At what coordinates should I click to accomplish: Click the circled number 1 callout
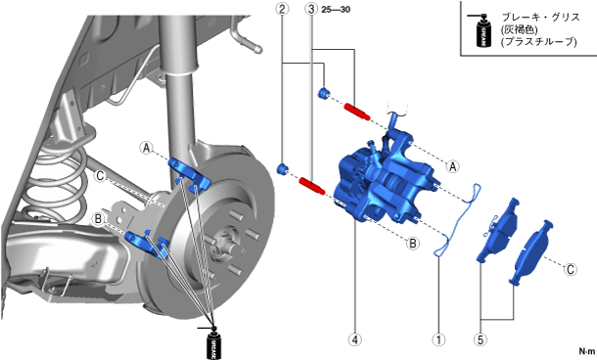click(439, 339)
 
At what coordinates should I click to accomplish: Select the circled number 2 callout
click(282, 9)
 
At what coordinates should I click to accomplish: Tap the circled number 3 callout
click(311, 9)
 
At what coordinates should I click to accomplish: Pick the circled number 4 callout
click(355, 339)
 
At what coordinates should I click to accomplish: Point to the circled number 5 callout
click(481, 339)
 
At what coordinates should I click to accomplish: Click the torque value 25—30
click(336, 10)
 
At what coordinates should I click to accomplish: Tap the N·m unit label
click(586, 351)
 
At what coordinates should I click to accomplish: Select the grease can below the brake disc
click(213, 342)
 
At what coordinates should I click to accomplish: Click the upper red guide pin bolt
click(357, 112)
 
